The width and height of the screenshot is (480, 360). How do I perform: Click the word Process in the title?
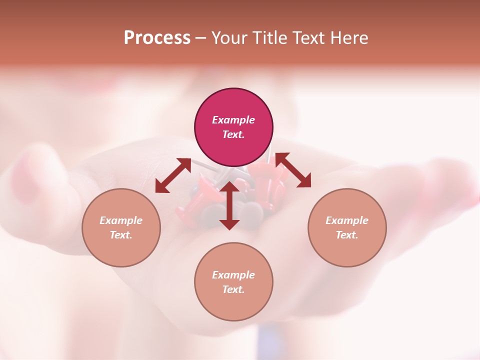pyautogui.click(x=157, y=38)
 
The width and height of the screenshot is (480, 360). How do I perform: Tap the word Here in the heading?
pyautogui.click(x=350, y=38)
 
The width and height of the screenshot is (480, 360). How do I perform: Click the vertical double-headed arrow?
pyautogui.click(x=229, y=205)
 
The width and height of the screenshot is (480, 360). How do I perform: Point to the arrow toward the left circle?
pyautogui.click(x=173, y=175)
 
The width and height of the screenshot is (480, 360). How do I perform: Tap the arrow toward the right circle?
pyautogui.click(x=293, y=170)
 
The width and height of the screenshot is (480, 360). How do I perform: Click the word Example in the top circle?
pyautogui.click(x=233, y=120)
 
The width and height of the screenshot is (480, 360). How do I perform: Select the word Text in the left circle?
pyautogui.click(x=121, y=235)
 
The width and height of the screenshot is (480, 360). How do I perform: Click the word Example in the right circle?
pyautogui.click(x=347, y=220)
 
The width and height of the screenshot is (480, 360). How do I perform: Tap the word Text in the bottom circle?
pyautogui.click(x=233, y=289)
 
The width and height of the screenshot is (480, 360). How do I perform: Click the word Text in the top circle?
pyautogui.click(x=233, y=134)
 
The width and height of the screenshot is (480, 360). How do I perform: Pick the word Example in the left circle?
pyautogui.click(x=121, y=220)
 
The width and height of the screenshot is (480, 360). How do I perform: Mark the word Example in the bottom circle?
pyautogui.click(x=233, y=275)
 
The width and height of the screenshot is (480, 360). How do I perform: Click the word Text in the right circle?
pyautogui.click(x=347, y=235)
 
